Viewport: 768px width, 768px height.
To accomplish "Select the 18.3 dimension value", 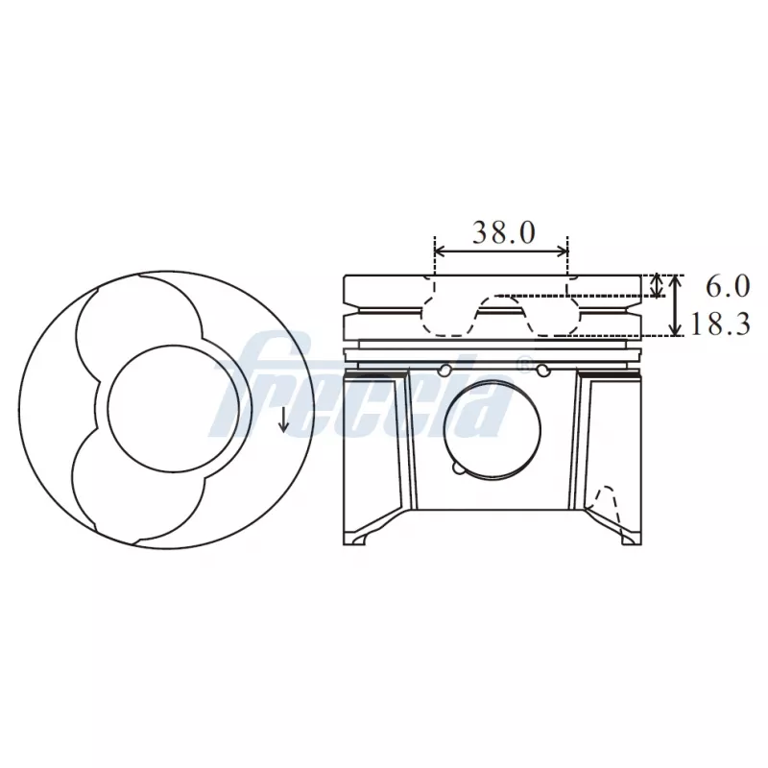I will coord(719,324).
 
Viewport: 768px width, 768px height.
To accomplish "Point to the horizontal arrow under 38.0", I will coord(501,252).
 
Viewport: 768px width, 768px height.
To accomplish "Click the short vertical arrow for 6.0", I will coord(657,285).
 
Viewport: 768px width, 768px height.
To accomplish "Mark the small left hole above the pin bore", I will coord(443,370).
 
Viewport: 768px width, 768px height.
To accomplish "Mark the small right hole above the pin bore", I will coord(544,370).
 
